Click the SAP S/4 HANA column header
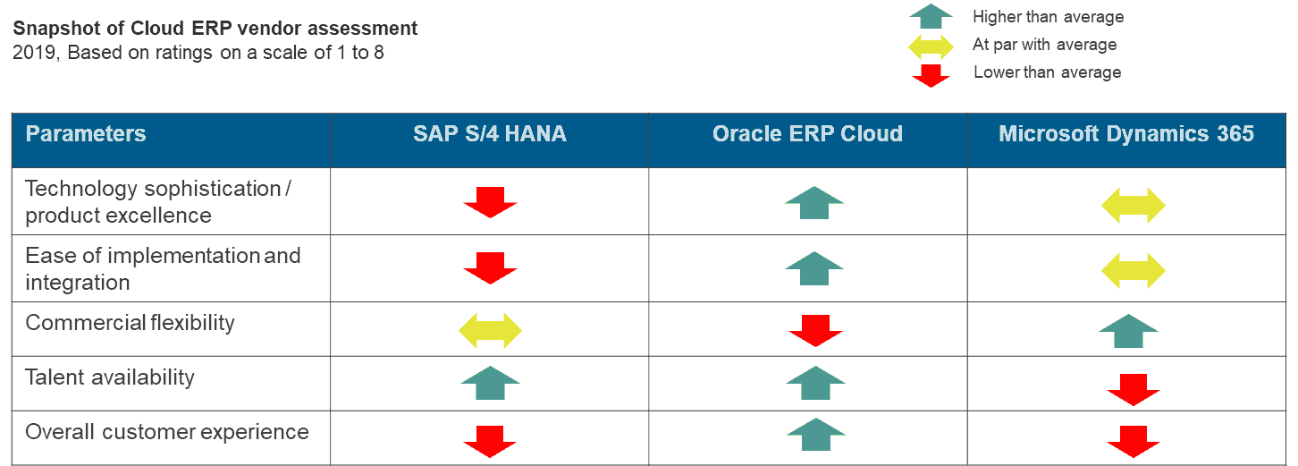click(x=490, y=134)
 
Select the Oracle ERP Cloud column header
click(x=808, y=134)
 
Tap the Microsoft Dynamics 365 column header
click(x=1125, y=134)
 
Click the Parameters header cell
click(x=86, y=134)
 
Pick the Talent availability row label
click(x=110, y=377)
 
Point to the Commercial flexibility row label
click(x=131, y=323)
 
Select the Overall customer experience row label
click(x=167, y=432)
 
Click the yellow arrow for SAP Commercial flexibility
click(x=490, y=330)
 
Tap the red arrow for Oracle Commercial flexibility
click(x=815, y=330)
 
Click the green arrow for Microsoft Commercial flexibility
click(x=1128, y=331)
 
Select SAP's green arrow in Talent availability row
click(x=490, y=383)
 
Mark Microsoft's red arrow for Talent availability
click(x=1134, y=390)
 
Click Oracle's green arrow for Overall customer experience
click(x=816, y=434)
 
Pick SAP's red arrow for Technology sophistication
click(x=490, y=202)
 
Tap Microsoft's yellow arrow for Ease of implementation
click(x=1134, y=271)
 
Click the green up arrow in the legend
click(x=931, y=16)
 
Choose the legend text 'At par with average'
click(x=1045, y=45)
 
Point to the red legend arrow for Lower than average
click(x=931, y=75)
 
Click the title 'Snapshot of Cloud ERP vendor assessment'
click(x=215, y=28)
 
